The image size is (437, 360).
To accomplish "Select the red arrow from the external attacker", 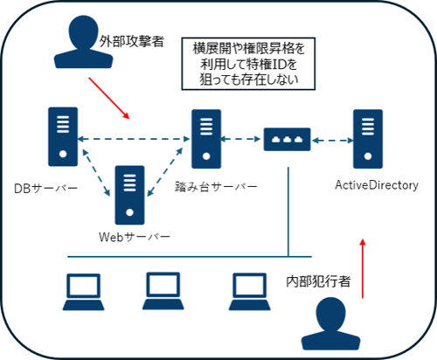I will (108, 100).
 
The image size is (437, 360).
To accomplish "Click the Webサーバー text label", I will (135, 236).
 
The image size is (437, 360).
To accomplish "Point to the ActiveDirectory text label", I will (377, 185).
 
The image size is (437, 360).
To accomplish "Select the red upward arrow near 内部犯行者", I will (364, 267).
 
